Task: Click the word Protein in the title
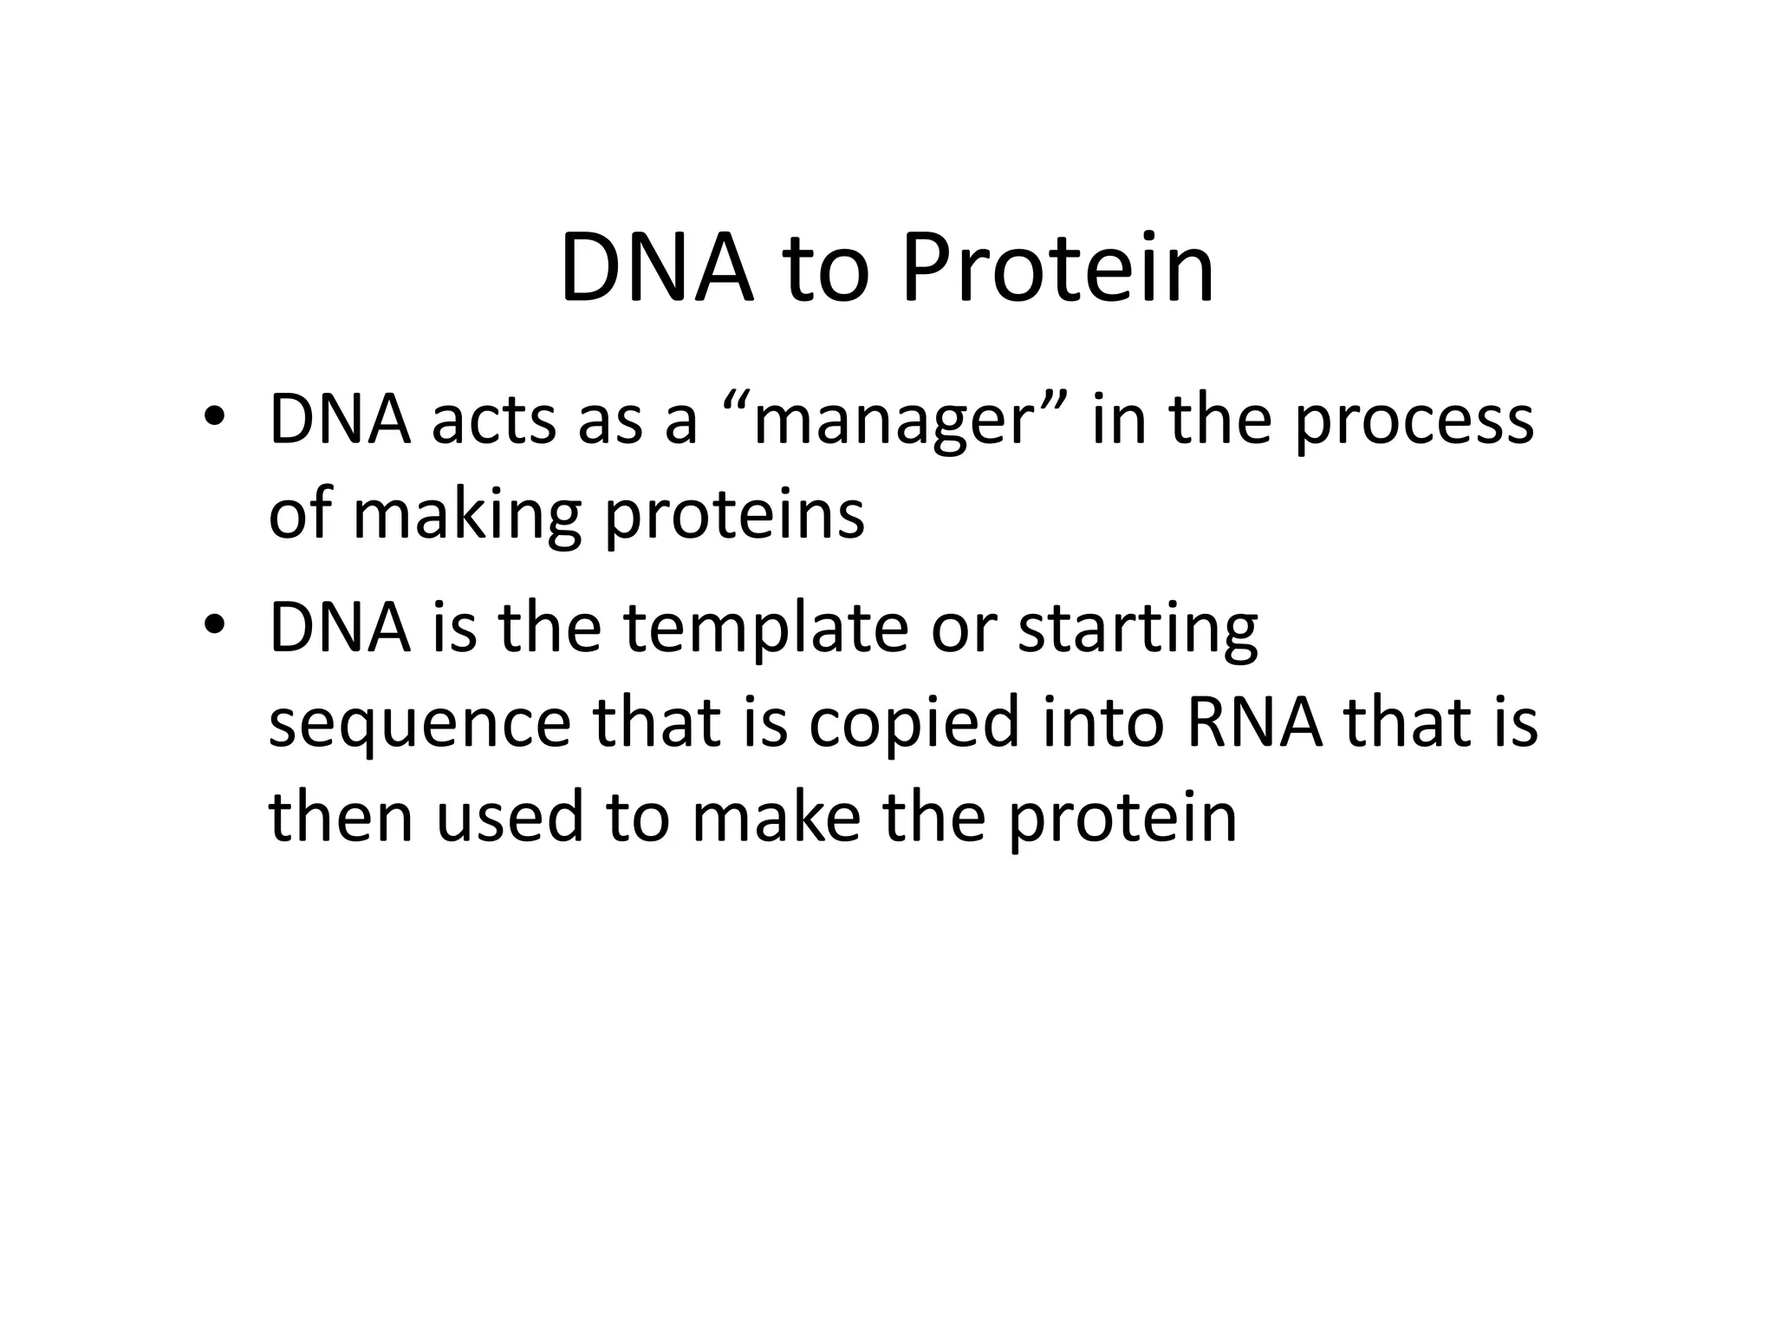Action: [x=1057, y=269]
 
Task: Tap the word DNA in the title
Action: [x=657, y=269]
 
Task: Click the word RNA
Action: [x=1254, y=721]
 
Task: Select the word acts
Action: [x=493, y=421]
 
